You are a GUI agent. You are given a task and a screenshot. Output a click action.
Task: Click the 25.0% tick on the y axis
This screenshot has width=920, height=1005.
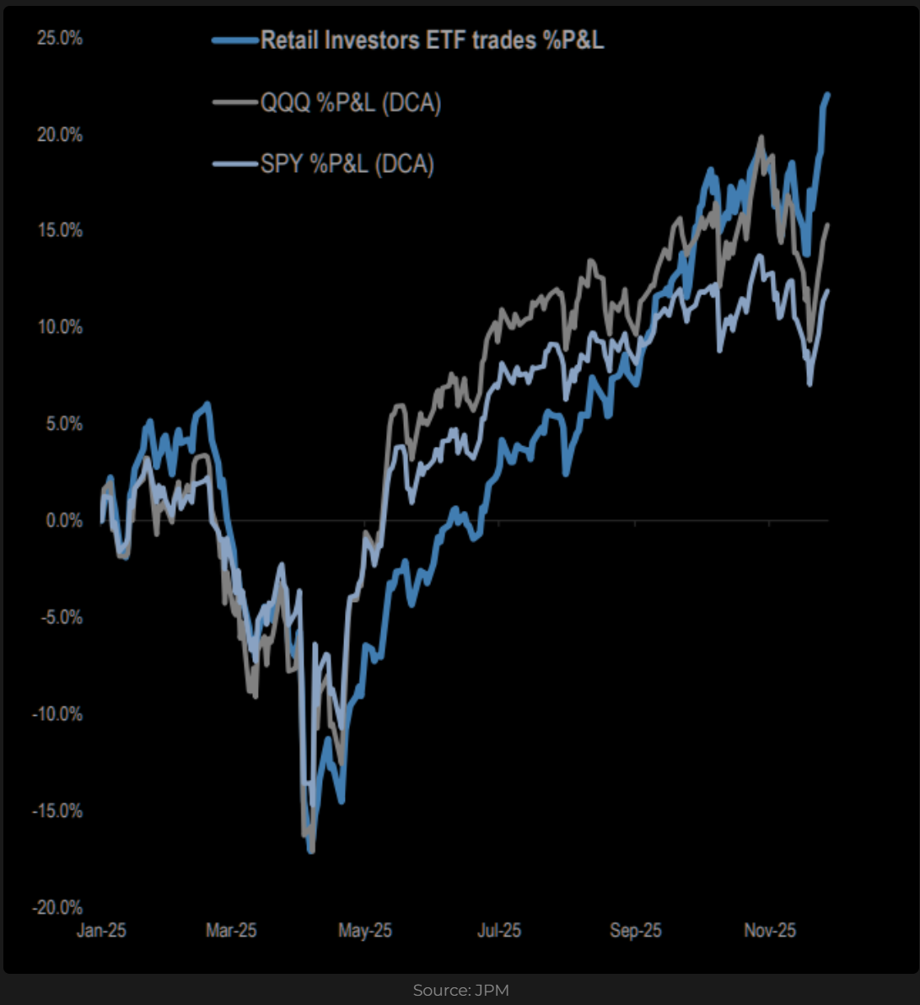coord(60,39)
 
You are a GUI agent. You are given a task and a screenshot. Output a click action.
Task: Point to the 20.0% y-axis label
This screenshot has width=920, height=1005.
coord(60,135)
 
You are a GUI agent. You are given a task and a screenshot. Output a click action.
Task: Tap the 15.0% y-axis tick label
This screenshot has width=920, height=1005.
coord(60,231)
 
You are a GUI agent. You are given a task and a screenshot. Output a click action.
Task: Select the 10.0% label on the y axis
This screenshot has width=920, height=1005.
coord(60,327)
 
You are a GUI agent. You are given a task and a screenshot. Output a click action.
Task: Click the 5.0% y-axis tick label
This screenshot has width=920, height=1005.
coord(63,424)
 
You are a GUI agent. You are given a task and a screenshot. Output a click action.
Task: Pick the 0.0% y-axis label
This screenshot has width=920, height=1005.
coord(63,521)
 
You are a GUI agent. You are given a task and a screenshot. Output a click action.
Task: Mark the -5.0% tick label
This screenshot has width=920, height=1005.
coord(61,618)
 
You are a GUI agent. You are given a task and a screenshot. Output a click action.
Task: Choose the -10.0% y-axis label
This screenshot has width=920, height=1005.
coord(57,714)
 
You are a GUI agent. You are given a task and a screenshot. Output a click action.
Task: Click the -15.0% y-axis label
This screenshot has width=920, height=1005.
coord(57,811)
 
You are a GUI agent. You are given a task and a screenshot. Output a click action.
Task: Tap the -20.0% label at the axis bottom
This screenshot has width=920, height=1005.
coord(57,908)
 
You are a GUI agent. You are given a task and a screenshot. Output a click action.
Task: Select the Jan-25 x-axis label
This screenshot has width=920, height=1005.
coord(101,931)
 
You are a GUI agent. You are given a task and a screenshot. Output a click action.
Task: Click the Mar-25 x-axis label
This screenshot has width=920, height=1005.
coord(231,931)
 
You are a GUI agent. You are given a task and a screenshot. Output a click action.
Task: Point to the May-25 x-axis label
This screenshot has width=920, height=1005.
coord(365,931)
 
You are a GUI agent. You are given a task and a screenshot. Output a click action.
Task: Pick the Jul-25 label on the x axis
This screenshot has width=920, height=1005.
coord(499,931)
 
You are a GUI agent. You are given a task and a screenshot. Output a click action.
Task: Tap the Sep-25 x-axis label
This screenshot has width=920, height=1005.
coord(636,931)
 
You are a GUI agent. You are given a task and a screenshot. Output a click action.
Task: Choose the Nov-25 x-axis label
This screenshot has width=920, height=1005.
coord(770,931)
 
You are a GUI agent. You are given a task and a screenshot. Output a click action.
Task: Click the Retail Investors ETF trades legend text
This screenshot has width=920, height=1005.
coord(432,40)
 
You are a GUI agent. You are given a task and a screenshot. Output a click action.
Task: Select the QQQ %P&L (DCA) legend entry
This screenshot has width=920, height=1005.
coord(351,104)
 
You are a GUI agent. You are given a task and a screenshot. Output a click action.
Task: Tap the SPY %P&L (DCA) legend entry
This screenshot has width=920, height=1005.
coord(347,164)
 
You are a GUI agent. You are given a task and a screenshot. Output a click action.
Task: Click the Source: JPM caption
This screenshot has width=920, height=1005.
coord(460,990)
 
